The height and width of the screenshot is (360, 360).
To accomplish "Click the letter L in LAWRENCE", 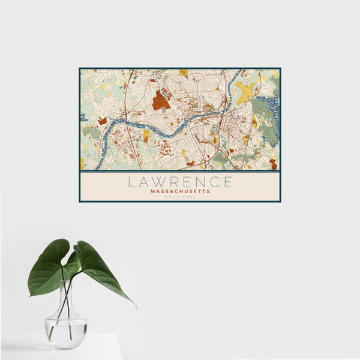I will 130,181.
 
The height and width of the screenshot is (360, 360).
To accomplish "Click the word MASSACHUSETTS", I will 180,191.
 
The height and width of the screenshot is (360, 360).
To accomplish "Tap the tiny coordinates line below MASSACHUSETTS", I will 180,197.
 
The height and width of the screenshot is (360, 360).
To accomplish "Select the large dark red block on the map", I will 160,100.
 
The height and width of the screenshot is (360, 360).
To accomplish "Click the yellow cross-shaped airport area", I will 245,91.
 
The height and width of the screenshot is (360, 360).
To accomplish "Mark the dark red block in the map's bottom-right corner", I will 273,163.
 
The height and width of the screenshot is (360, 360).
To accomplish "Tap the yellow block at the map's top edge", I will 184,73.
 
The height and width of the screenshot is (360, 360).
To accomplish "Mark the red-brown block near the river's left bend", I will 103,121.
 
